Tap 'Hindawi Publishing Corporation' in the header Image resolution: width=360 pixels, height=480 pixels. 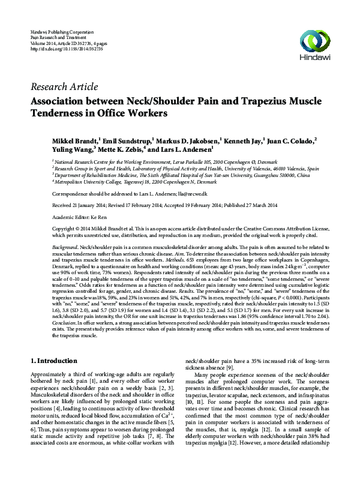(62, 30)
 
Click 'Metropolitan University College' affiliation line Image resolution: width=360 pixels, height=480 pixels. (135, 181)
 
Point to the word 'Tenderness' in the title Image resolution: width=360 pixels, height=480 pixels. (74, 113)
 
